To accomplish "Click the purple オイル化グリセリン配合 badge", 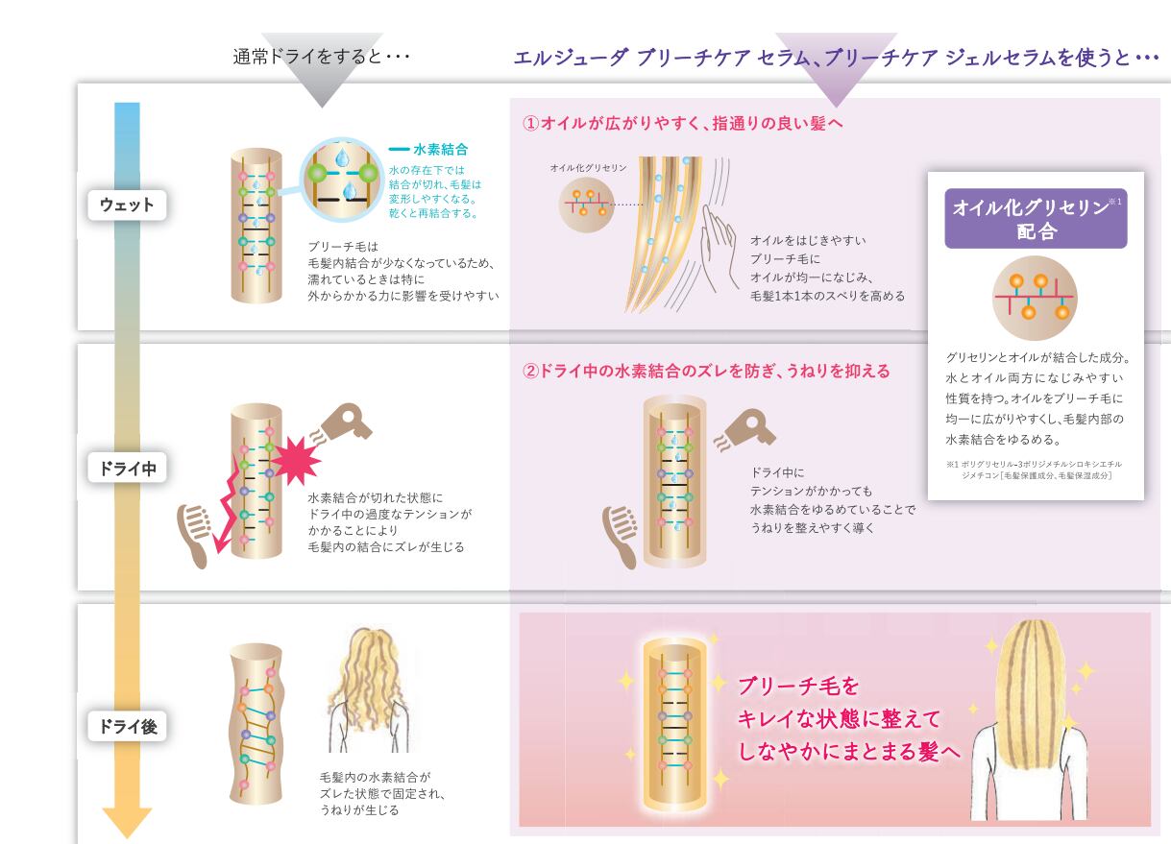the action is [x=1036, y=219].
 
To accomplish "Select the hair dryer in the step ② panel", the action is [x=747, y=430].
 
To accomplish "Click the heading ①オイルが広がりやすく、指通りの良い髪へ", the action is [x=682, y=124].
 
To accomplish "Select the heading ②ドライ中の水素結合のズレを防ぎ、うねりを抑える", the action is [x=706, y=371].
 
